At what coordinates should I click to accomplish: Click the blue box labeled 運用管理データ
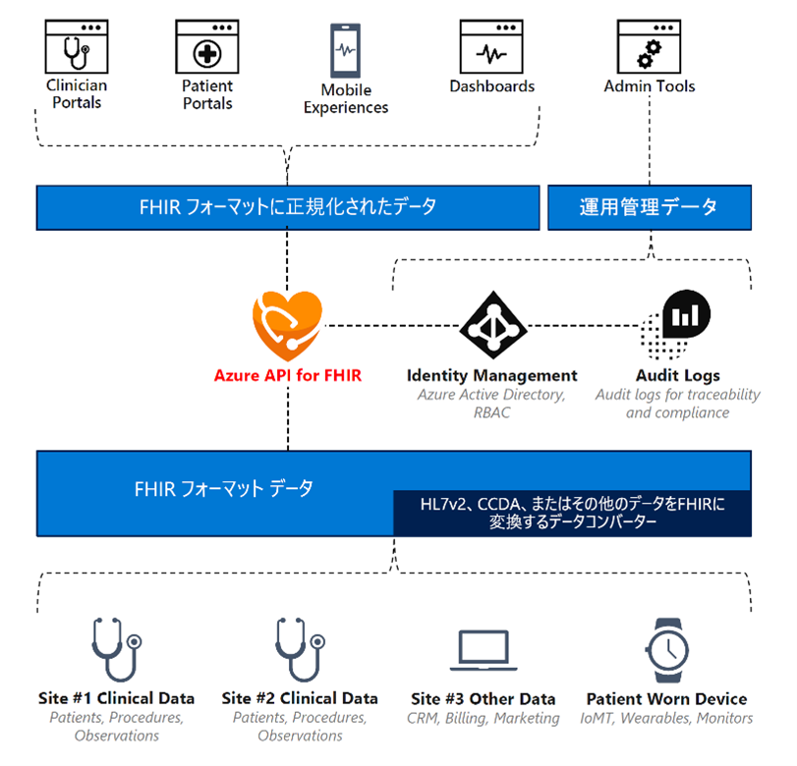pyautogui.click(x=649, y=207)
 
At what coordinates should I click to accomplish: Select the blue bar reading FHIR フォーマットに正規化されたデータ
pyautogui.click(x=288, y=207)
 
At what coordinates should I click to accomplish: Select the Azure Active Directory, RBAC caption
pyautogui.click(x=492, y=404)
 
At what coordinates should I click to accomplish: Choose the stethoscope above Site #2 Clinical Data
pyautogui.click(x=300, y=649)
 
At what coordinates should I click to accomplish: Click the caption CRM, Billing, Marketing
pyautogui.click(x=483, y=719)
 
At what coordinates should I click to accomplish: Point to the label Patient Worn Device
pyautogui.click(x=667, y=699)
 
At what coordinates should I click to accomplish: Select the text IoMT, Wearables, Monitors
pyautogui.click(x=667, y=719)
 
